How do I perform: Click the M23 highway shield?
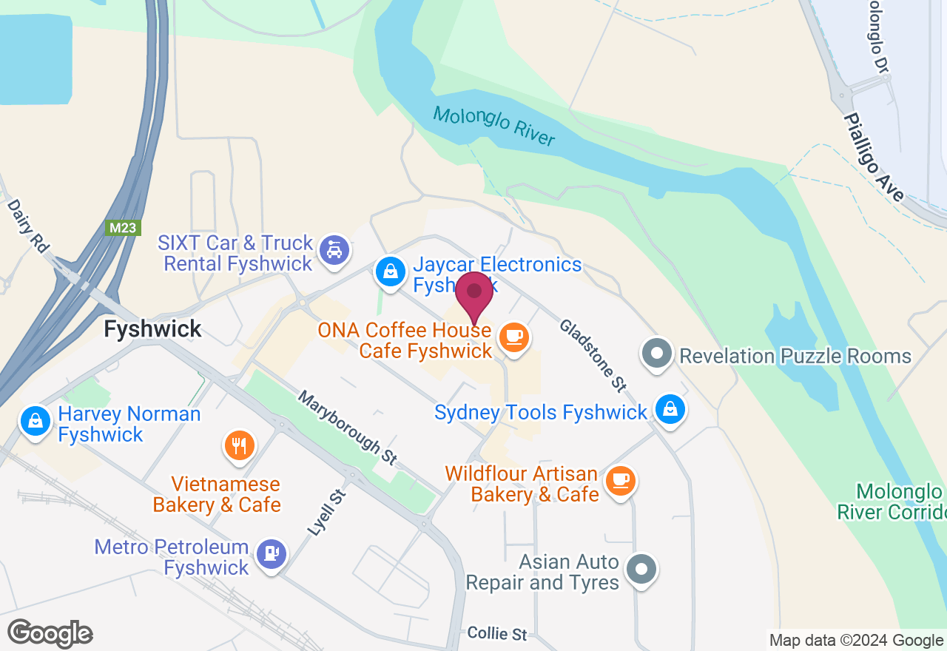122,228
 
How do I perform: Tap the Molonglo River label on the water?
493,126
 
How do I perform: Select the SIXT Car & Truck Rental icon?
334,252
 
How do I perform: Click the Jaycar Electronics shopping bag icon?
389,271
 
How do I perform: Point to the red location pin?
474,294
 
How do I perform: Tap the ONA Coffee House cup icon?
513,338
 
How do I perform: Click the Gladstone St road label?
593,355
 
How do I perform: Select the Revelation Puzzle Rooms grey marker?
656,355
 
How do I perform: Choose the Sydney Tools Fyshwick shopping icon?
670,410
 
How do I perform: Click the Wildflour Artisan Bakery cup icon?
620,482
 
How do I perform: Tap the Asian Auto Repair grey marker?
641,570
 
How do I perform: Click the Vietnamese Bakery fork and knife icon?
239,446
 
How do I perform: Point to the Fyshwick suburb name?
152,328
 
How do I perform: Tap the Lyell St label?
326,512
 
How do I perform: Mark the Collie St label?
497,634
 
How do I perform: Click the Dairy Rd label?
27,225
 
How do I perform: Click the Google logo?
50,634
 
